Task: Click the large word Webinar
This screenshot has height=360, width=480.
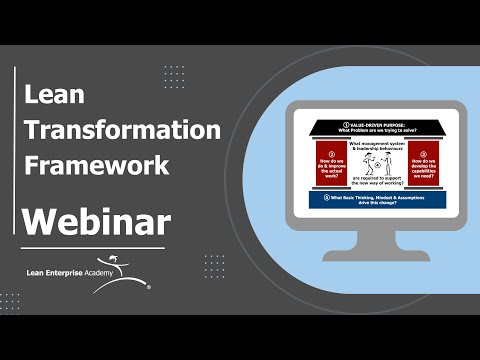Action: click(x=96, y=221)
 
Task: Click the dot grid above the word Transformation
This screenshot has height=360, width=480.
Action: click(x=174, y=77)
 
